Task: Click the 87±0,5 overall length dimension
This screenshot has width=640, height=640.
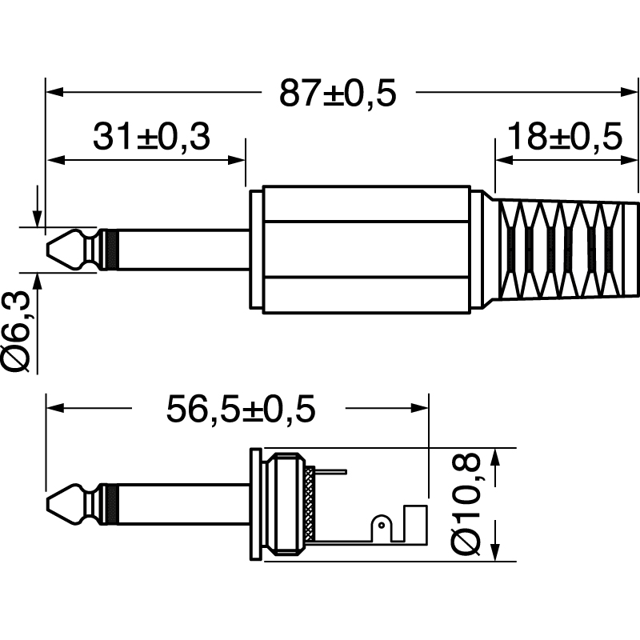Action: pyautogui.click(x=338, y=94)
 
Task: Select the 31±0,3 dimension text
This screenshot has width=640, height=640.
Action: pyautogui.click(x=150, y=138)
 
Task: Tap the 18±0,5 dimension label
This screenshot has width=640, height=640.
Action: pyautogui.click(x=565, y=138)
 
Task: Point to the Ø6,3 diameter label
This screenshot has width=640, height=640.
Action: pyautogui.click(x=18, y=331)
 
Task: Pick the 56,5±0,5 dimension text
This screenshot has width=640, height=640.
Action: pyautogui.click(x=241, y=410)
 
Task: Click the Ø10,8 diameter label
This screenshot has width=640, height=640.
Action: pyautogui.click(x=466, y=503)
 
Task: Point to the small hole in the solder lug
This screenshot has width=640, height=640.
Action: pyautogui.click(x=382, y=524)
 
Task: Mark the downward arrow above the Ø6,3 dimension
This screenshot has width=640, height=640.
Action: pyautogui.click(x=36, y=215)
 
